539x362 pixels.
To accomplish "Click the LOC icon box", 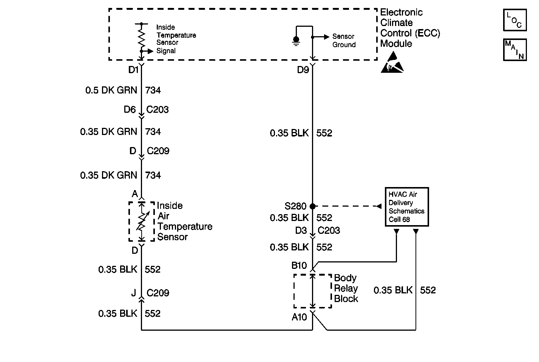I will [x=515, y=20].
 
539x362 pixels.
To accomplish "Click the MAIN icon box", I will [x=515, y=49].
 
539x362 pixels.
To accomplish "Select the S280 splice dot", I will [x=312, y=206].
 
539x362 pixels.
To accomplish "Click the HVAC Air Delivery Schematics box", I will [x=406, y=207].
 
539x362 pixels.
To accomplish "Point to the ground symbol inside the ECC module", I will [x=296, y=41].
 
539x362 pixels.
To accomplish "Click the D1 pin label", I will [x=134, y=70].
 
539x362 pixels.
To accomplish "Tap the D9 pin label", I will [x=303, y=70].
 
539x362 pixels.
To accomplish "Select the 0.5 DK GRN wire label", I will [x=111, y=90].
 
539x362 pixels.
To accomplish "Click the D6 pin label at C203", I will [x=130, y=110].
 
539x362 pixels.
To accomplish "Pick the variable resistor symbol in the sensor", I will [x=142, y=222].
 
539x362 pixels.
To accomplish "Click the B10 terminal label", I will [x=299, y=266].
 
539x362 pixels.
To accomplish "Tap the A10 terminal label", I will [x=299, y=317].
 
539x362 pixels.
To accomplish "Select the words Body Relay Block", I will [x=346, y=288].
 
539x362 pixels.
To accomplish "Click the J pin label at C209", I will [x=133, y=293].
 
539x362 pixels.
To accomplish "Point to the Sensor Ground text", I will [x=344, y=41].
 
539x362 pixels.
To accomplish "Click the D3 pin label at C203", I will [x=301, y=230].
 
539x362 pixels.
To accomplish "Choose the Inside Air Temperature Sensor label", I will [x=184, y=221].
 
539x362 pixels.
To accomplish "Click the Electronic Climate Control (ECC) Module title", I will [x=410, y=28].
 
